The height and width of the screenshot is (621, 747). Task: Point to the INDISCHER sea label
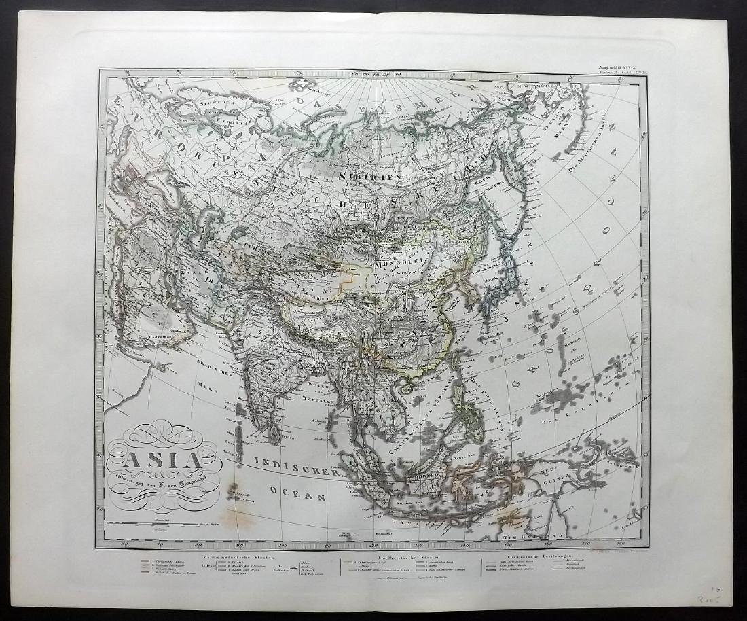pyautogui.click(x=295, y=468)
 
